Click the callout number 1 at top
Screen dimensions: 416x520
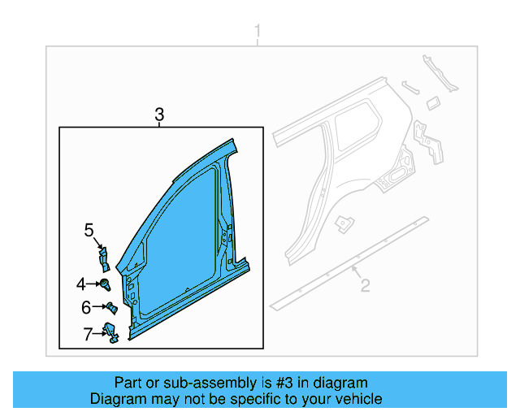258,32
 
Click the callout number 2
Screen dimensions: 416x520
365,285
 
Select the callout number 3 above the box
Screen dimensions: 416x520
159,115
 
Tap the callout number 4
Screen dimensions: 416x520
81,284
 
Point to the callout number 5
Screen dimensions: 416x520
89,231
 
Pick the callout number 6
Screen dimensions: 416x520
85,307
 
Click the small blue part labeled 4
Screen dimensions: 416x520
106,284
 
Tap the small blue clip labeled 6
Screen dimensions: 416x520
112,308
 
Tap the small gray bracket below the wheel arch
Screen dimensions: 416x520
346,221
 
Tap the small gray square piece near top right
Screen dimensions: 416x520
433,101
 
